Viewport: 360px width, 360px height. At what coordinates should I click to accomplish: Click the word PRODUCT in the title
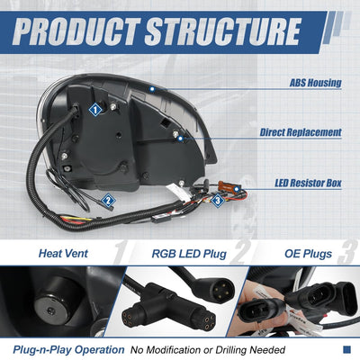click(x=76, y=31)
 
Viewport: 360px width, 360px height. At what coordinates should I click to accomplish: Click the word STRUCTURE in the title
click(x=223, y=31)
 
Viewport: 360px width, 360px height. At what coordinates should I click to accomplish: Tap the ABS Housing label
click(x=316, y=83)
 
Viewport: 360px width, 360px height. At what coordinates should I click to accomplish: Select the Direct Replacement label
click(x=301, y=132)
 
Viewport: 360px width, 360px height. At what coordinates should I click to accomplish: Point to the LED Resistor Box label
click(x=308, y=183)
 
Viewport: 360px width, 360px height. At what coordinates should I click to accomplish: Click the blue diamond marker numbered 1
click(x=95, y=110)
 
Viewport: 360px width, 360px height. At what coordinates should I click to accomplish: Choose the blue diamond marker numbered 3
click(x=218, y=201)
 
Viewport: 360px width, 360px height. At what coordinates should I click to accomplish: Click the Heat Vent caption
click(x=63, y=254)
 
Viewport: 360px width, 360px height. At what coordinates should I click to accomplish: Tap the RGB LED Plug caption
click(x=189, y=254)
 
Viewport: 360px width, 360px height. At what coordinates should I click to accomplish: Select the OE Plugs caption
click(x=308, y=254)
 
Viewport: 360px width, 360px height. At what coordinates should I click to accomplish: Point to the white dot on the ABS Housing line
click(x=152, y=89)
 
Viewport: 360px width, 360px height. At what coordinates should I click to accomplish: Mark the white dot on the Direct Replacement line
click(x=180, y=139)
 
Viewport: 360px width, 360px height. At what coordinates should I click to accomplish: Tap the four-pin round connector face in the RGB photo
click(x=220, y=290)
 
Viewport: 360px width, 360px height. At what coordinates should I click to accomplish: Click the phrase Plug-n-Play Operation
click(x=68, y=350)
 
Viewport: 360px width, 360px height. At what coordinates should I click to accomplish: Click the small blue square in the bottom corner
click(x=346, y=349)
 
